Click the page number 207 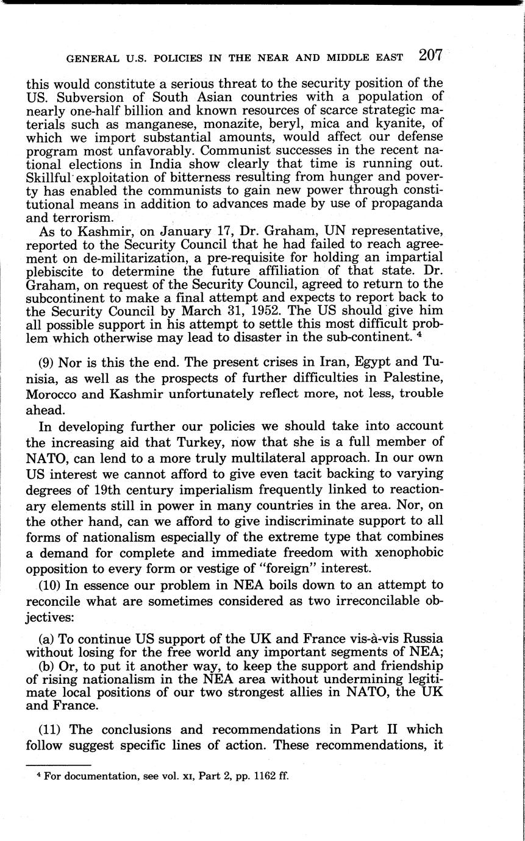click(430, 56)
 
